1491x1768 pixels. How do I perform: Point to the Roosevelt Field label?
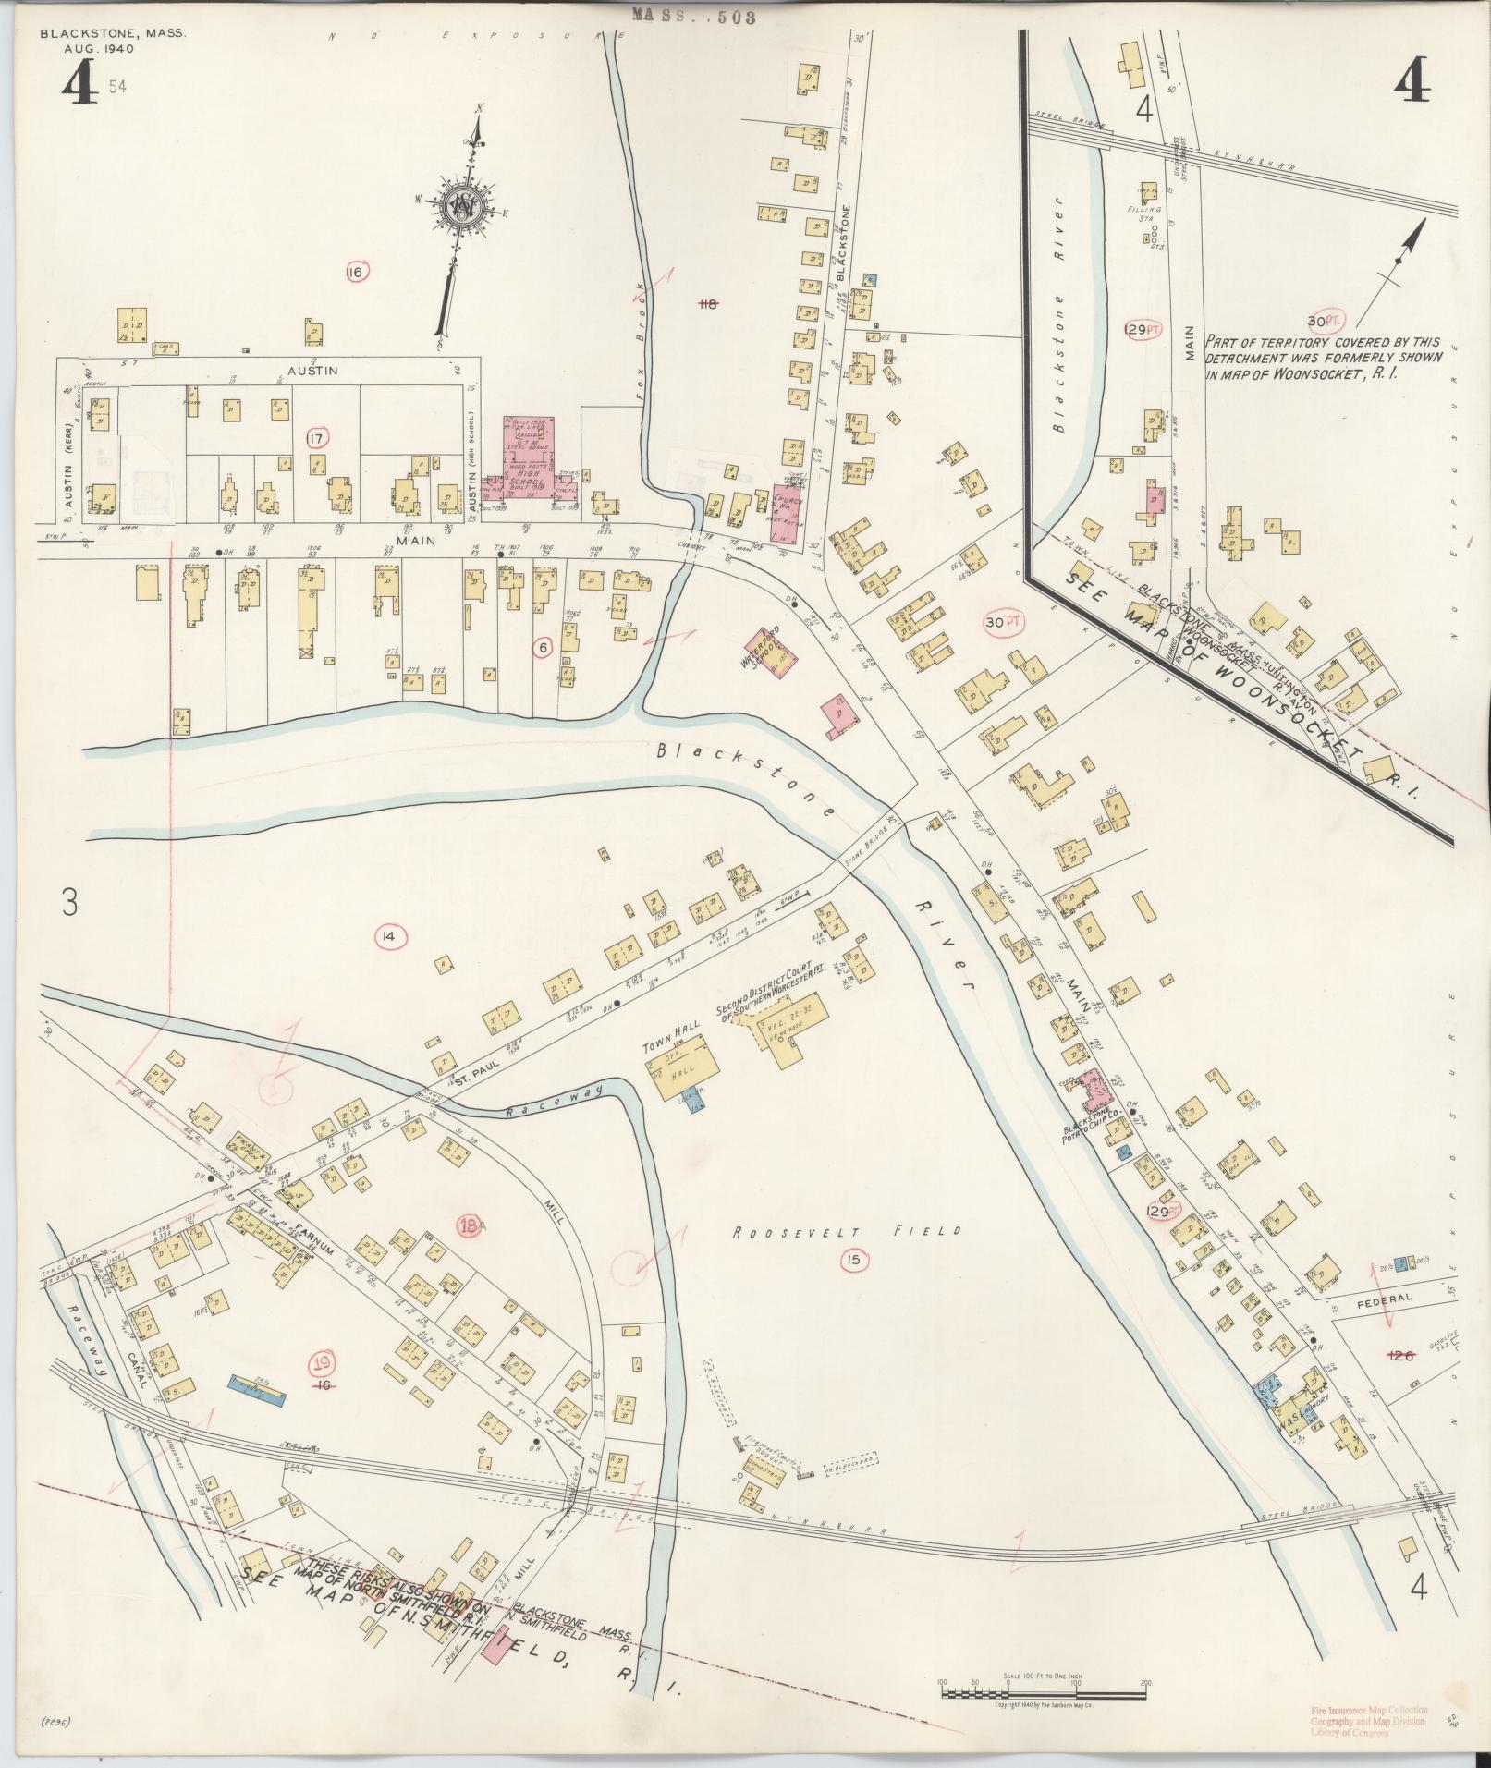[x=848, y=1231]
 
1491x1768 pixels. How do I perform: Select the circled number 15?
[x=852, y=1258]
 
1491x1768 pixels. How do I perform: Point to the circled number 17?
[x=317, y=439]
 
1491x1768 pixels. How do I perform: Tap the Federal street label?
[x=1387, y=1299]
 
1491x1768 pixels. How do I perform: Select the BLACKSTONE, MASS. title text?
[x=113, y=33]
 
